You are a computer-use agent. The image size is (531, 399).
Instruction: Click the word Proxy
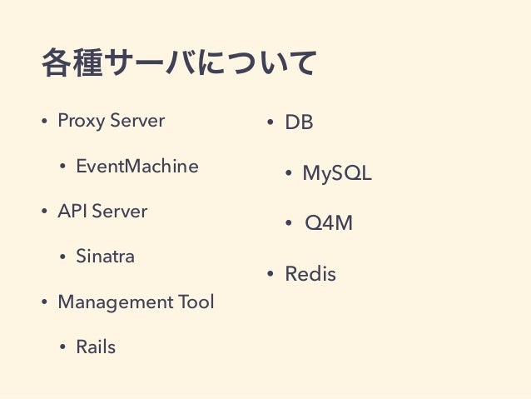80,121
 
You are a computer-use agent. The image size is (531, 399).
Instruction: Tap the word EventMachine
137,167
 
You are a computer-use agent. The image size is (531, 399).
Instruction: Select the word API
72,212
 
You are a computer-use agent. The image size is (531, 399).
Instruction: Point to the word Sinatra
105,257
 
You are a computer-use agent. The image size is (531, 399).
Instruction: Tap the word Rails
96,347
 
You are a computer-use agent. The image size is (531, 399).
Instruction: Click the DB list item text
299,123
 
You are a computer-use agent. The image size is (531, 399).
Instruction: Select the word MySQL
336,173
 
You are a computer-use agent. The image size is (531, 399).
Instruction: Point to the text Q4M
329,223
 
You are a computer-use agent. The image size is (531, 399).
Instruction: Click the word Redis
310,273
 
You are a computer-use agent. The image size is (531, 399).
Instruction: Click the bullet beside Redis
270,274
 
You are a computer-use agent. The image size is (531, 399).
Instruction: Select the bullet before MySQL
288,174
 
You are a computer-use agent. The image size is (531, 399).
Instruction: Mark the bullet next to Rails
62,347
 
